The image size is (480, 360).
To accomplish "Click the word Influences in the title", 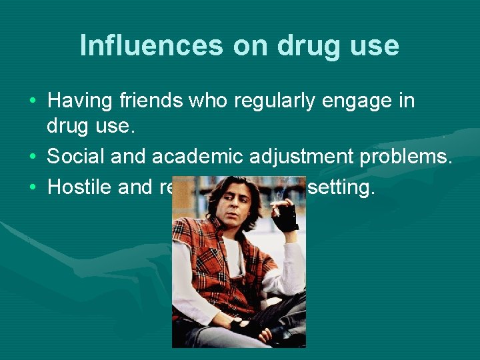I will click(149, 45).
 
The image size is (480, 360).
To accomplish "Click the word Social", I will click(75, 157).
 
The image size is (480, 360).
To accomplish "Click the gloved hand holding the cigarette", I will click(286, 217).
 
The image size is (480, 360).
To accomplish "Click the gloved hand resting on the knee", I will click(249, 327).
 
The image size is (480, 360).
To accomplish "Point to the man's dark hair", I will click(220, 193).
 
